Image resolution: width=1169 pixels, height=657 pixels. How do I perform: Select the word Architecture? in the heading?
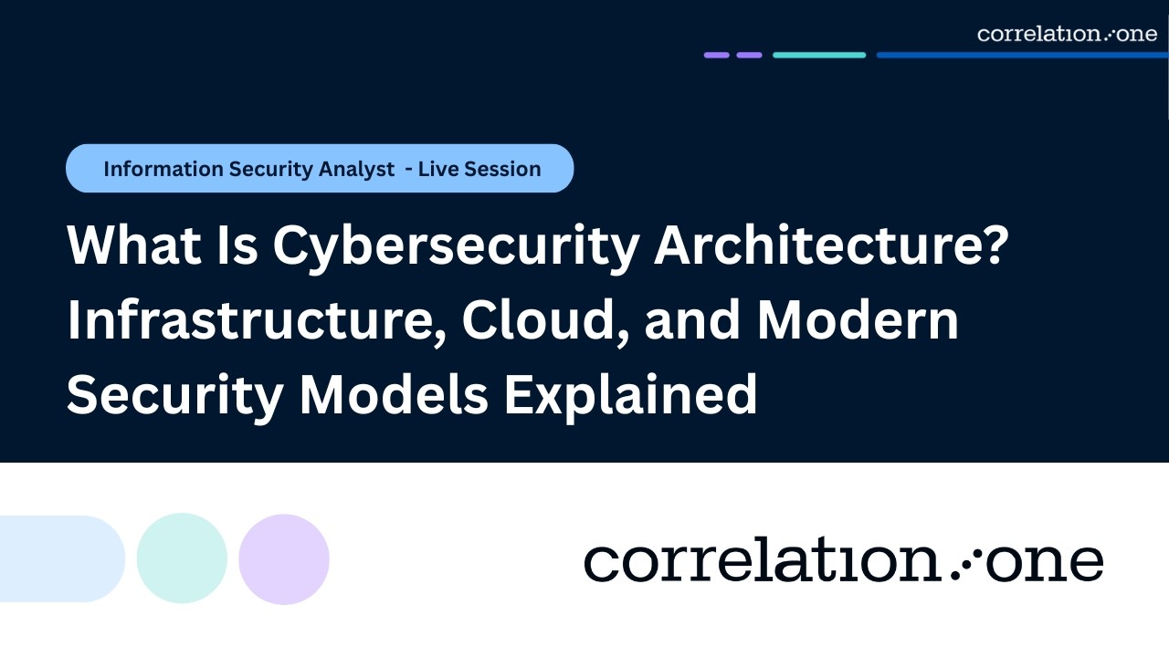832,247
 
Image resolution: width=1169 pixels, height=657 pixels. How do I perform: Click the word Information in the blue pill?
163,169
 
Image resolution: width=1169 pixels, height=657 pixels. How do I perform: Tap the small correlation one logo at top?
1067,34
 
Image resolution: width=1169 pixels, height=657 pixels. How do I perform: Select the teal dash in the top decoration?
819,55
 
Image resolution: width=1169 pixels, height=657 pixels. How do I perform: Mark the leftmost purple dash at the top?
716,55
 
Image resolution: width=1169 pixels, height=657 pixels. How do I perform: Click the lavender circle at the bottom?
284,558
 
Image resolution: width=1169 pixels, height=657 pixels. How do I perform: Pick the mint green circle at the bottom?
182,558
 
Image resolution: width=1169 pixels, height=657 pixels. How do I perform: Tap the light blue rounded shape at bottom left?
59,558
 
